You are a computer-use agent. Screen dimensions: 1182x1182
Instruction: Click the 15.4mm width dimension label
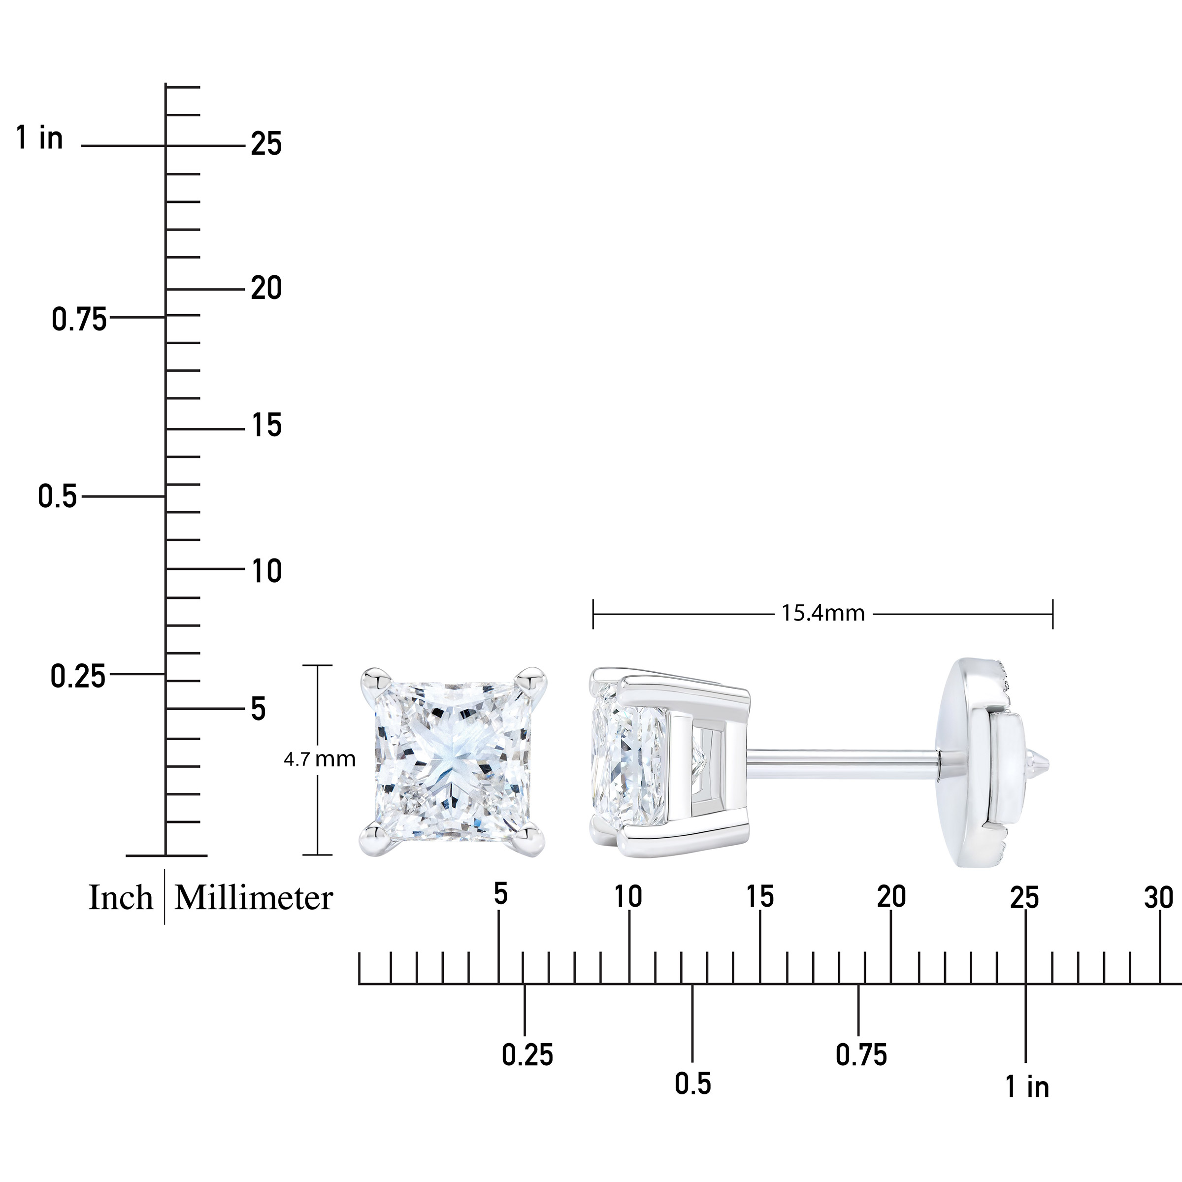click(x=823, y=614)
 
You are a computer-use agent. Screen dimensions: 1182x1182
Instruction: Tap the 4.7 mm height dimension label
click(x=319, y=759)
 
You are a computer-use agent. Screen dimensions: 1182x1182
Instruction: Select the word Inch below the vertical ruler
click(x=121, y=898)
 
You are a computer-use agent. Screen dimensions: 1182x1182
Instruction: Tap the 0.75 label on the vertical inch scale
click(x=79, y=319)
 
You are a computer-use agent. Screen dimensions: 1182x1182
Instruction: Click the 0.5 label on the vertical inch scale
click(x=58, y=496)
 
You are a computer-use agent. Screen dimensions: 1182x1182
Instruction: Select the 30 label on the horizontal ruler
click(x=1159, y=897)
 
